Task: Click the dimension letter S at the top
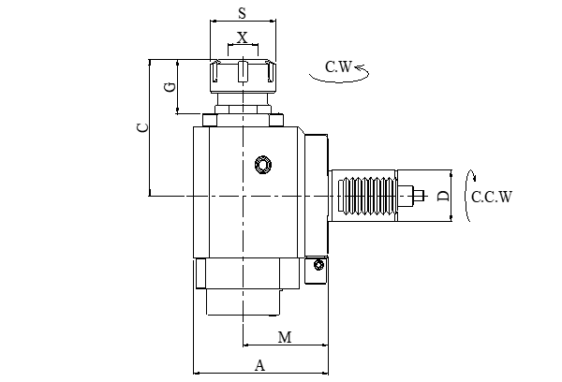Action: click(243, 13)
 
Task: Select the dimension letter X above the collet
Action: click(243, 38)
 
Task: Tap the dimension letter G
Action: click(170, 87)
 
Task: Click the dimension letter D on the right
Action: click(443, 196)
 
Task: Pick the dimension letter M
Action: click(285, 337)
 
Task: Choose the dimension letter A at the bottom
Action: click(260, 365)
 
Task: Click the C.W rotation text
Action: click(337, 66)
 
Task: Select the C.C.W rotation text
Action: click(492, 197)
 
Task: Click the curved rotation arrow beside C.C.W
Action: click(472, 196)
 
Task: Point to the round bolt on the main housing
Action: click(263, 165)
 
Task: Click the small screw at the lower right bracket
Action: click(318, 265)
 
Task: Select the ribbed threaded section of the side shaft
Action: click(363, 196)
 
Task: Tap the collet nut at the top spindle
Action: click(243, 74)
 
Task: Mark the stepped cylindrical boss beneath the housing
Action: click(243, 286)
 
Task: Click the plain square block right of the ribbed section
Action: click(407, 196)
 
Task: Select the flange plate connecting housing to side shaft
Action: click(315, 196)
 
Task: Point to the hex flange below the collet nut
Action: click(243, 117)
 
